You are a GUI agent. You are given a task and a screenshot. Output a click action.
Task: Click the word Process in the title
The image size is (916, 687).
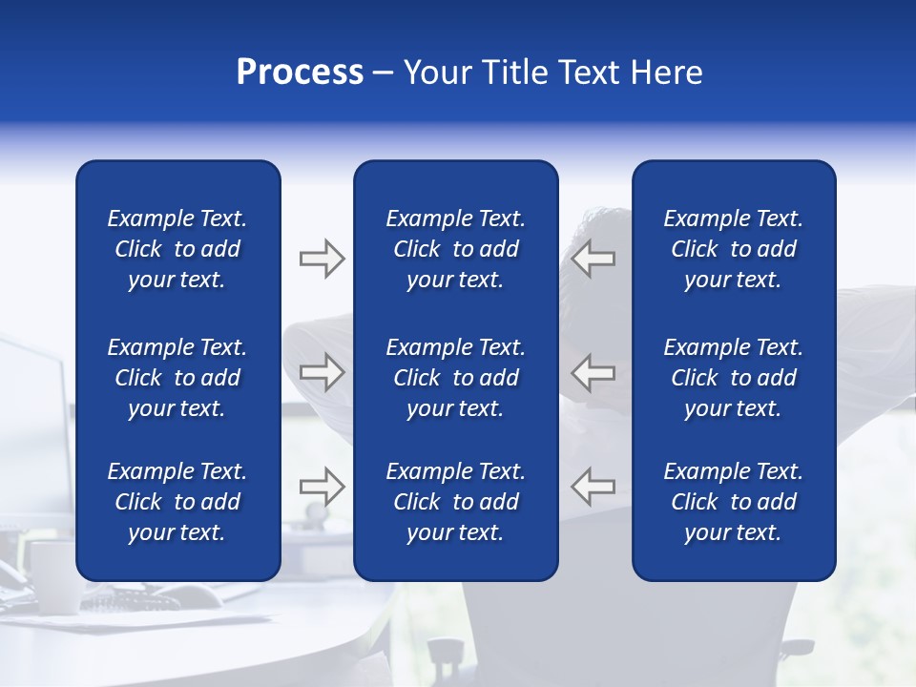pos(300,73)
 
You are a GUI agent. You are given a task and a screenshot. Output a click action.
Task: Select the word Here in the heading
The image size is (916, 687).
pos(666,73)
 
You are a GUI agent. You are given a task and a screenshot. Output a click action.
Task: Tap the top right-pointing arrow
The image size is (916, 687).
pos(322,259)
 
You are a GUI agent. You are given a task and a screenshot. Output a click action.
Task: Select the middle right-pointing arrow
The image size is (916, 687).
pos(322,372)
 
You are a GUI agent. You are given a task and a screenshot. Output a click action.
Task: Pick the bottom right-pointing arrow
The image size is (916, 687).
pos(322,486)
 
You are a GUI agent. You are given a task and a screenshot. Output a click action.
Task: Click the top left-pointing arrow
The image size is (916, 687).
pos(593,259)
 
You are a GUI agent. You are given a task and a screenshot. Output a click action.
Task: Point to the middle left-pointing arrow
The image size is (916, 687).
pos(593,372)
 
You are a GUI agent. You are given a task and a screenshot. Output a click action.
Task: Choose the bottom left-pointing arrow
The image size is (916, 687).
pos(593,486)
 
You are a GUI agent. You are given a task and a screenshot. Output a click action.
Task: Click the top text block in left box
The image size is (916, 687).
pos(177,249)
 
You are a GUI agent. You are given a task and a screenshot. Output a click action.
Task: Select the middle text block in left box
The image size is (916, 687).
pos(177,378)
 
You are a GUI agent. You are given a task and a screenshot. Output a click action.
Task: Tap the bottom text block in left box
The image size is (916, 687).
pos(177,502)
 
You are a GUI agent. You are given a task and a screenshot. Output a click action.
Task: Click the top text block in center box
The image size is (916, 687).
pos(455,249)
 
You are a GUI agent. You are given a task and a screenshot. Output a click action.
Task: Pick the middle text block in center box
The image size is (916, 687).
pos(455,378)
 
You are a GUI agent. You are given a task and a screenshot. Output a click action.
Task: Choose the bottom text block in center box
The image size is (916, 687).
pos(455,502)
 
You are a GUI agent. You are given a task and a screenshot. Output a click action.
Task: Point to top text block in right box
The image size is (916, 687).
pos(733,249)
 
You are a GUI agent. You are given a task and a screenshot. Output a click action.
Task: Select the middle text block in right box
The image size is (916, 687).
pos(733,378)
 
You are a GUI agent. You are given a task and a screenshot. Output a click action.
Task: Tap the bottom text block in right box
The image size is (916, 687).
pos(733,502)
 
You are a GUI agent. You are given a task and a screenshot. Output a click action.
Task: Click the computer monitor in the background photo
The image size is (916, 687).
pos(33,420)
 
